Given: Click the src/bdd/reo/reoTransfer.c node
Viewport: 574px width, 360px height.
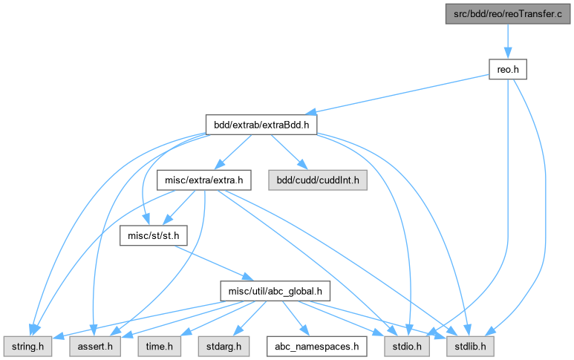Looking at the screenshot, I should click(506, 14).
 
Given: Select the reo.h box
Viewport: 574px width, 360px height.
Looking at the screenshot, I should click(506, 69).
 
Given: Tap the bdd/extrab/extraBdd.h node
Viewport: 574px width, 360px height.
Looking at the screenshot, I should click(261, 125).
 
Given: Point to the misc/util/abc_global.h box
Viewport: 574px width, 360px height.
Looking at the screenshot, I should click(275, 290).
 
